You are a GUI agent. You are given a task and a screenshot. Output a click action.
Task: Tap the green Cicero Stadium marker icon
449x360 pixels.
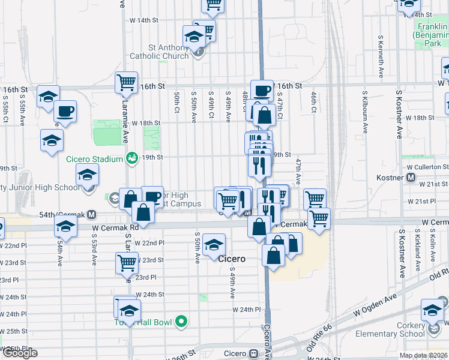131,158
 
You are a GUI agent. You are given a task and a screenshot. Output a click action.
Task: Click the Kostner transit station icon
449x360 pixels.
411,178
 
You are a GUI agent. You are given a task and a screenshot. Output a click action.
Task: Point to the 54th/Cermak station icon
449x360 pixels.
92,214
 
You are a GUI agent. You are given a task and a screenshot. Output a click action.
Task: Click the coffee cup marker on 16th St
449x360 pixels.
262,91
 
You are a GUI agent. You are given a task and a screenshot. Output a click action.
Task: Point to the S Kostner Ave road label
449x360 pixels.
400,114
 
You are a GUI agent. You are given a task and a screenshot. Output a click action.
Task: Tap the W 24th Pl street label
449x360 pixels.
247,310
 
